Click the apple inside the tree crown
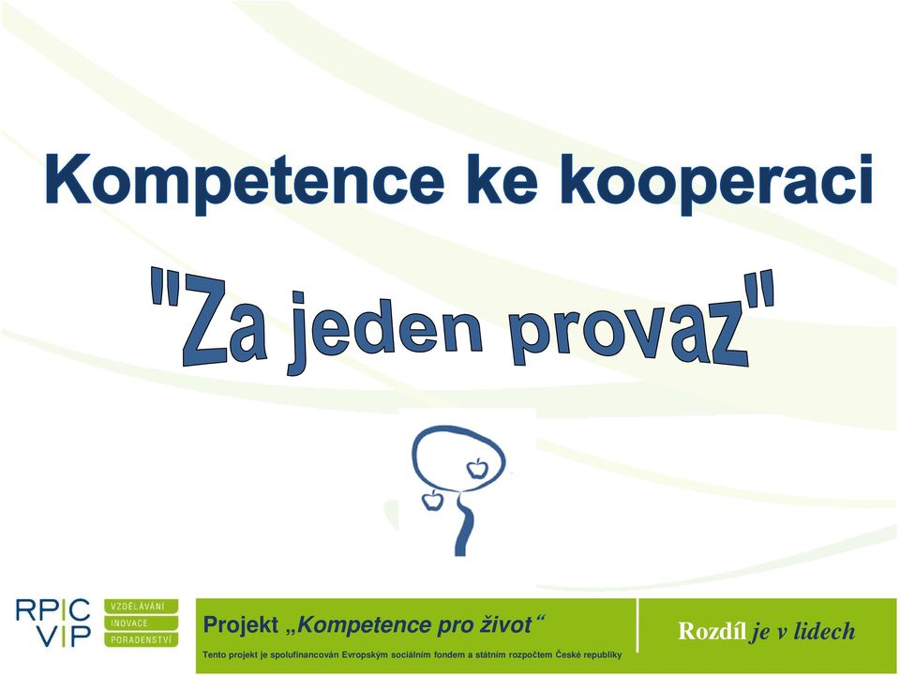(x=476, y=469)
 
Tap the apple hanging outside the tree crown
(x=431, y=501)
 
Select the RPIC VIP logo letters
(x=52, y=623)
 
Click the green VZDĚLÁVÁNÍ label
(x=142, y=607)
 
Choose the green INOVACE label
(x=142, y=623)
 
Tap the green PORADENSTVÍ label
(x=142, y=640)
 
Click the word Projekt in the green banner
(x=242, y=625)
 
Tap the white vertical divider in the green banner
(x=637, y=625)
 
